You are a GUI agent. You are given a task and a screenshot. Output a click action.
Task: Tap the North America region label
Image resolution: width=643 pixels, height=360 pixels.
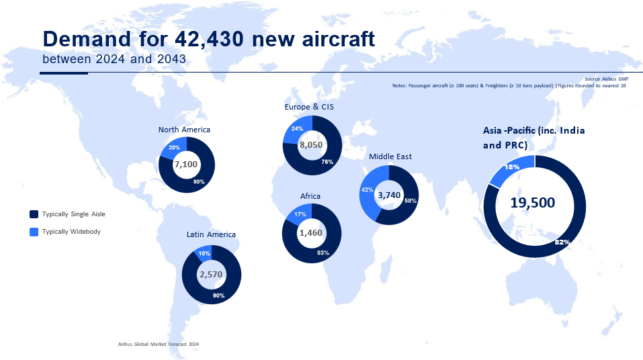tap(184, 130)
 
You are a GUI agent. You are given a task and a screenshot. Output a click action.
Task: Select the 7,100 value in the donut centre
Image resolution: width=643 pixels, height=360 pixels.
tap(185, 165)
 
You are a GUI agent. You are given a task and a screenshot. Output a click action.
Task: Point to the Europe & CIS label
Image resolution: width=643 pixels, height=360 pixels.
tap(309, 107)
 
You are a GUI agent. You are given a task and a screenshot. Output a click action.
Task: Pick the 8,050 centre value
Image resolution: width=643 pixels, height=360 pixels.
tap(312, 145)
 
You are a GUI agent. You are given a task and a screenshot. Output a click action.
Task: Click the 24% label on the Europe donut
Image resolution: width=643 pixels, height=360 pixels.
tap(296, 128)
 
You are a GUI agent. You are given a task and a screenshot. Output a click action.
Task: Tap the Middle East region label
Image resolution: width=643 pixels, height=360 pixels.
tap(390, 156)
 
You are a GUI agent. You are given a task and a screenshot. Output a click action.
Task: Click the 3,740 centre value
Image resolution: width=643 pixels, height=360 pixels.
tap(389, 195)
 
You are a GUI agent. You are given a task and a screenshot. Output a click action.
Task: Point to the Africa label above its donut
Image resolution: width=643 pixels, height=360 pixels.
tap(310, 196)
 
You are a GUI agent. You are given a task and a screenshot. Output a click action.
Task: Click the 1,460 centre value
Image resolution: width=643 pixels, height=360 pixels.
tap(311, 233)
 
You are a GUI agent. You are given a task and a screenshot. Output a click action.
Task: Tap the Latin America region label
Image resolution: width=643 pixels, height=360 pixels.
tap(211, 235)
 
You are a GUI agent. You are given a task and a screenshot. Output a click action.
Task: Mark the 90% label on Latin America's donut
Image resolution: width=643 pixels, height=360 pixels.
tap(218, 296)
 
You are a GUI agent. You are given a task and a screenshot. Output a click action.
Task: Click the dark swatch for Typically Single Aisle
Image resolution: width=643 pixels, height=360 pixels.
tap(34, 214)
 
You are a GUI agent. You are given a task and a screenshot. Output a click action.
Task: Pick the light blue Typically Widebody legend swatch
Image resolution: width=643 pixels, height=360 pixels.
tap(34, 232)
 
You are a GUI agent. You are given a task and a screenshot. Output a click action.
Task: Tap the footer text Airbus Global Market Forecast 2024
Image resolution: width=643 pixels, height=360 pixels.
tap(158, 344)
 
